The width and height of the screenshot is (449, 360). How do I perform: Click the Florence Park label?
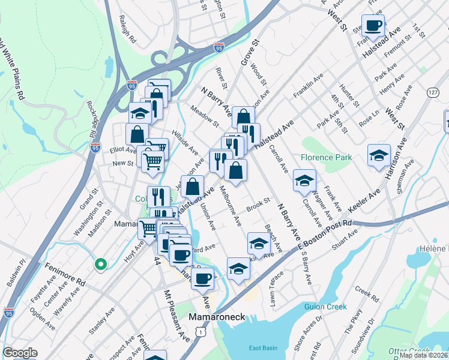tap(325, 157)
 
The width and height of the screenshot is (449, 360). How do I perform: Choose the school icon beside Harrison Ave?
tap(379, 155)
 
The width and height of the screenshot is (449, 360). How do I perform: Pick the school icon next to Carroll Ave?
tap(304, 180)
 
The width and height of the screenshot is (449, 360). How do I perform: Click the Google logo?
tap(20, 353)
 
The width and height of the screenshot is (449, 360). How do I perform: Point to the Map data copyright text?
tap(423, 355)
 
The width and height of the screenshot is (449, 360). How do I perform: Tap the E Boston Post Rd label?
tap(325, 235)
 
